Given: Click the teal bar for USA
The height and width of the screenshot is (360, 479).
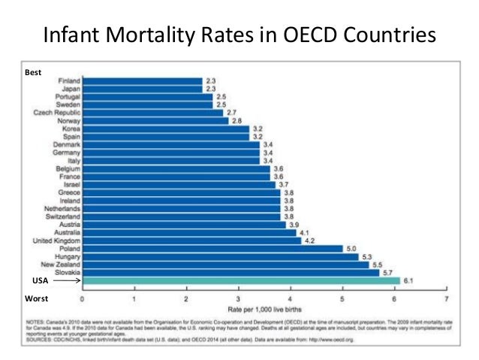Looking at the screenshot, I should point(240,280).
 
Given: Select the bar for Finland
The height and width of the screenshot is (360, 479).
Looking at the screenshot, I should point(143,80).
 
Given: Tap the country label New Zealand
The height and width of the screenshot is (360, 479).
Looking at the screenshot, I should point(58,264).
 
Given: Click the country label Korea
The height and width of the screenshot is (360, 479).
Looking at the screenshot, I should point(70,128).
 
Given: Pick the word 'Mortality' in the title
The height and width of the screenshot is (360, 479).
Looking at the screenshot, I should point(152,36).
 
